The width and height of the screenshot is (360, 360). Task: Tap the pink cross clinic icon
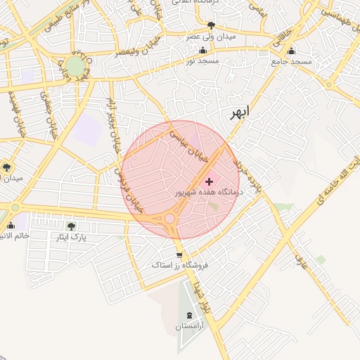pos(209,181)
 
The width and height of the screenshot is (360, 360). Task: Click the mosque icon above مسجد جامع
pos(291,51)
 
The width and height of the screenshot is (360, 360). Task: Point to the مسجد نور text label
pos(203,61)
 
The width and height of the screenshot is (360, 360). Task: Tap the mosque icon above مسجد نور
pos(203,51)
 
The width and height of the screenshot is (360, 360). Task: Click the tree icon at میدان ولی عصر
pos(211,25)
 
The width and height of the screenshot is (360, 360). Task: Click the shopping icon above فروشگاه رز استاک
pos(180,255)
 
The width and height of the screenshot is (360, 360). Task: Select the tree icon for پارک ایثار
pos(70,226)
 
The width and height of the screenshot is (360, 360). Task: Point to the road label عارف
pos(300,263)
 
